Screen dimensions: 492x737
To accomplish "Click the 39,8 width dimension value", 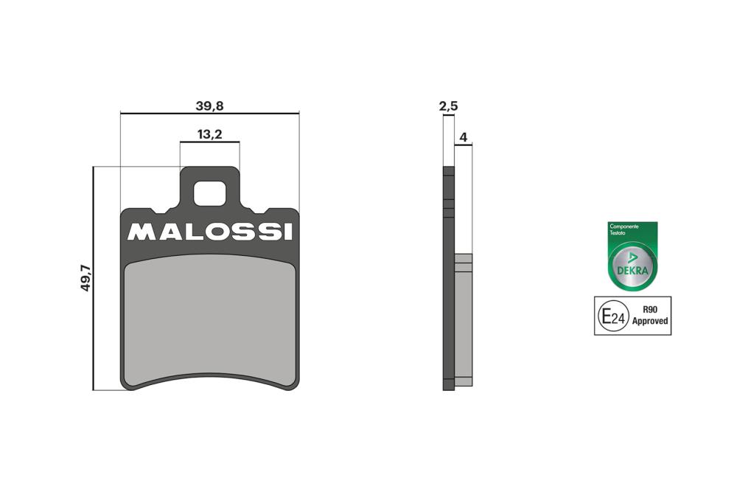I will pyautogui.click(x=209, y=105).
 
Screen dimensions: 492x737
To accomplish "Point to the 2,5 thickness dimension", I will pyautogui.click(x=448, y=106).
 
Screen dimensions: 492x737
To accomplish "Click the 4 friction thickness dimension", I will pyautogui.click(x=463, y=137).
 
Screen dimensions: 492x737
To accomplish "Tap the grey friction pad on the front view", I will pyautogui.click(x=209, y=317).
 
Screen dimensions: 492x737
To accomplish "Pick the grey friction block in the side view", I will pyautogui.click(x=463, y=317).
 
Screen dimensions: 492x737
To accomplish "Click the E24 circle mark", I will pyautogui.click(x=611, y=316).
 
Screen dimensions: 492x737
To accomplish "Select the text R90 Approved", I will pyautogui.click(x=649, y=316).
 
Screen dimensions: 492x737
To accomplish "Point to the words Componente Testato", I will pyautogui.click(x=622, y=229).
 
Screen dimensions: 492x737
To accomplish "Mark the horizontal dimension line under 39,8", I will pyautogui.click(x=209, y=114).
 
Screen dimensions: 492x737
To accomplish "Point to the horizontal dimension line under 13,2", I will pyautogui.click(x=209, y=142).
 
